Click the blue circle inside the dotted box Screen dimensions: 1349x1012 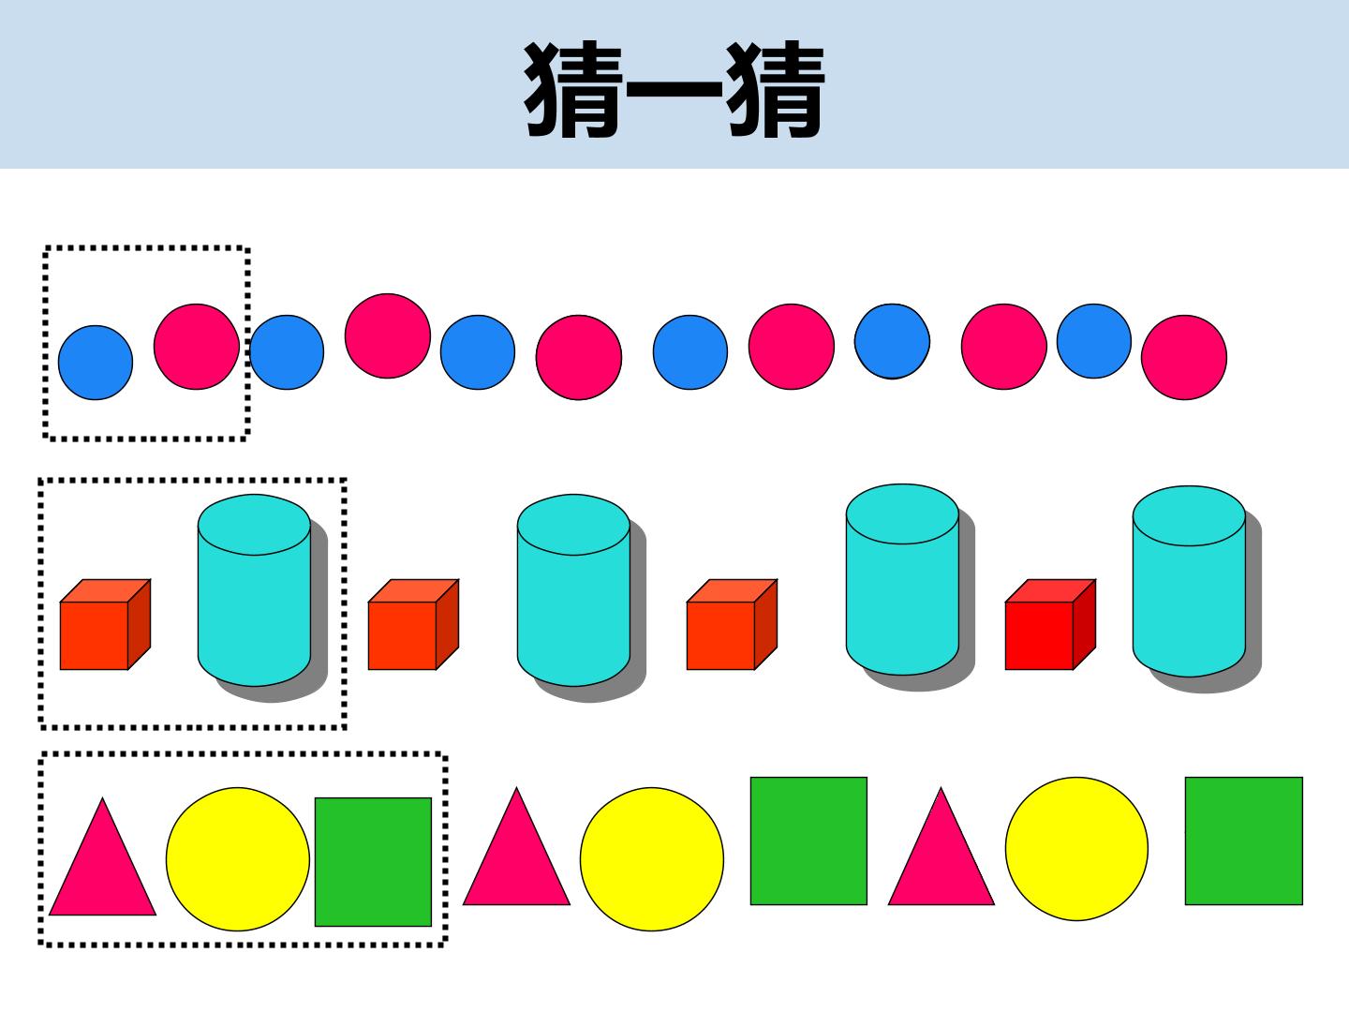click(x=96, y=363)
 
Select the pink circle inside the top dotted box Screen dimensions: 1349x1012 click(x=197, y=347)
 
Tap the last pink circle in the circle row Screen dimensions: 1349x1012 click(x=1184, y=358)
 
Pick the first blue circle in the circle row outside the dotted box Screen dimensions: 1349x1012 click(x=287, y=352)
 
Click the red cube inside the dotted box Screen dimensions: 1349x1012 click(x=105, y=624)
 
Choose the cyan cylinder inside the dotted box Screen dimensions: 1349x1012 click(x=254, y=590)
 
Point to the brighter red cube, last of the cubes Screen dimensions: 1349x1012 click(x=1050, y=624)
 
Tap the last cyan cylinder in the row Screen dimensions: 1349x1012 click(x=1189, y=581)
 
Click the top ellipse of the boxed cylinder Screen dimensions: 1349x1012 click(x=254, y=525)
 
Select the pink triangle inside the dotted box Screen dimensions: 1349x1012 click(x=103, y=856)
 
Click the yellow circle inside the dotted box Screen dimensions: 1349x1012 click(x=238, y=859)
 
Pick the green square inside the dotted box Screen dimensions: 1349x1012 click(x=373, y=861)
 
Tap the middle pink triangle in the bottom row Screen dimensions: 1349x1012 click(x=516, y=847)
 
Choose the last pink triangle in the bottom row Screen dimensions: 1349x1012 click(x=941, y=847)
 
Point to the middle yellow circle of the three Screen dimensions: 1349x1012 click(x=652, y=859)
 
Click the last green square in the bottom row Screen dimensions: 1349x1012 click(x=1244, y=841)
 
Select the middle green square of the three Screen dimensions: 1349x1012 click(x=808, y=841)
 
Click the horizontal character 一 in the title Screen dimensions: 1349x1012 click(x=674, y=89)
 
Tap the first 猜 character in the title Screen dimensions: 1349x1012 click(x=573, y=89)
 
